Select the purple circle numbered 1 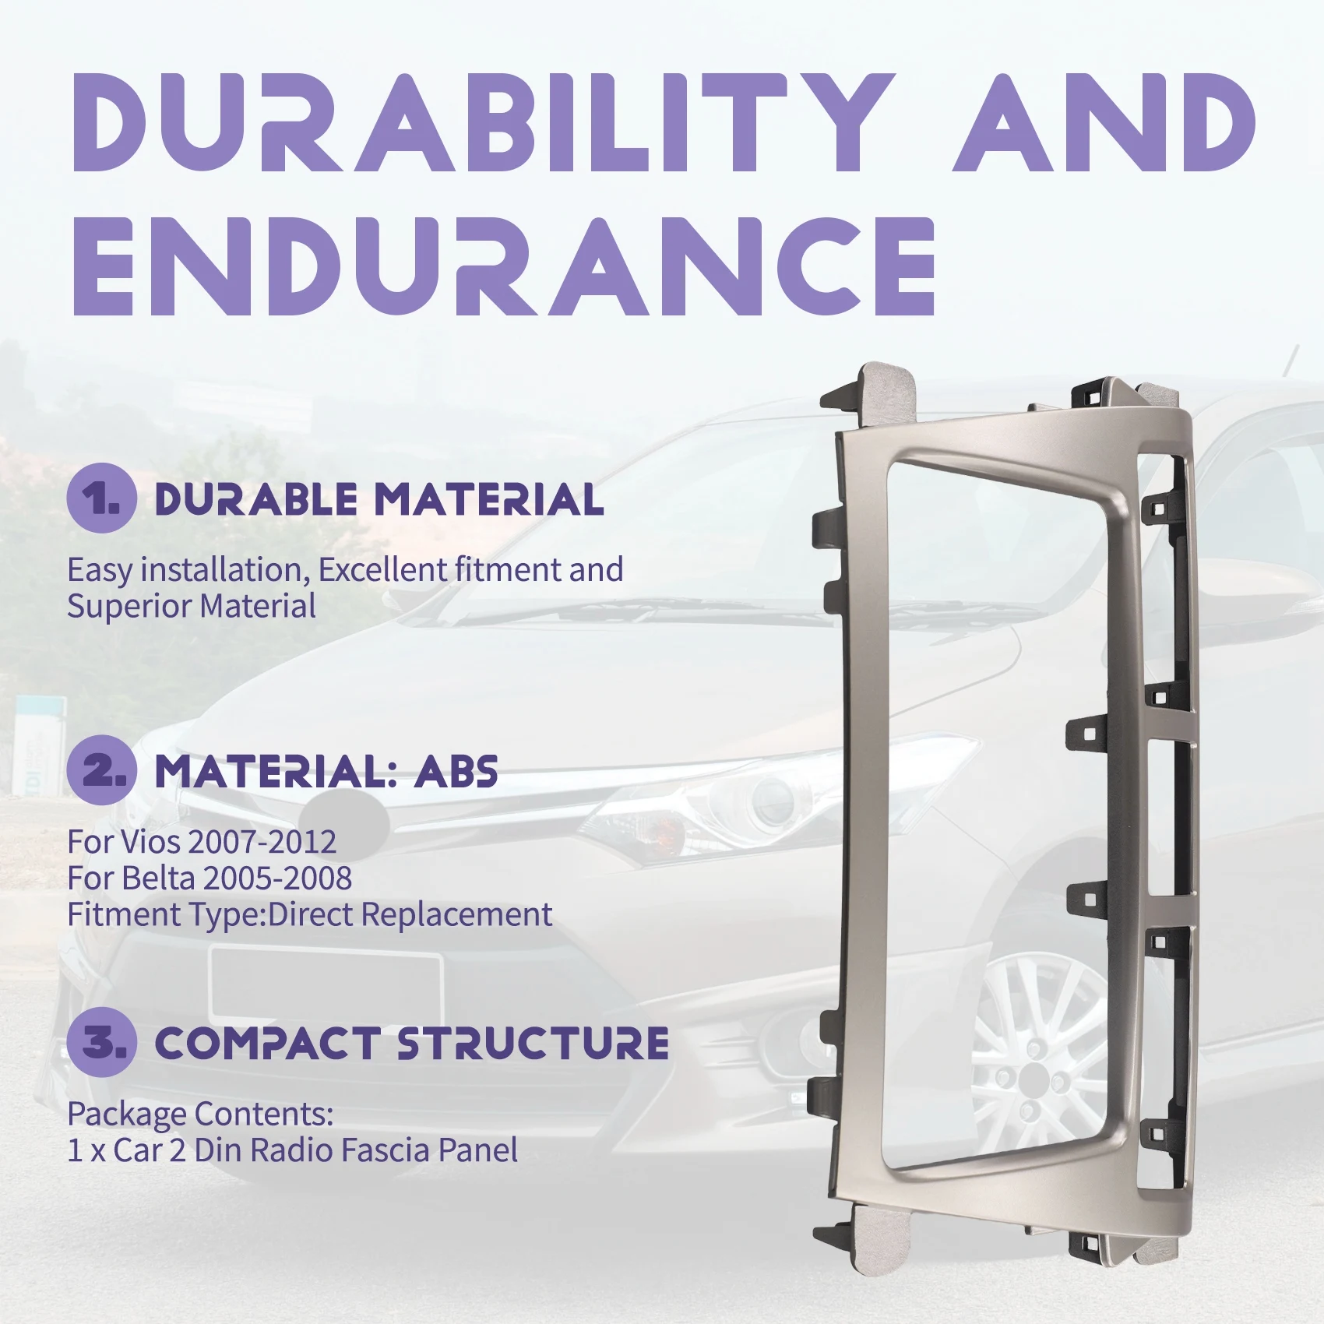coord(102,498)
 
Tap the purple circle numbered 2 coord(102,770)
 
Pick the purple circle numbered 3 coord(102,1042)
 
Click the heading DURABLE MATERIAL coord(379,500)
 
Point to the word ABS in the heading coord(456,772)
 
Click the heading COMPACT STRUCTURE coord(412,1044)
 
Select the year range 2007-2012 coord(262,842)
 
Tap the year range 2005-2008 coord(277,879)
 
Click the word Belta coord(158,879)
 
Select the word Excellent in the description coord(382,570)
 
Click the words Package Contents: coord(200,1114)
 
